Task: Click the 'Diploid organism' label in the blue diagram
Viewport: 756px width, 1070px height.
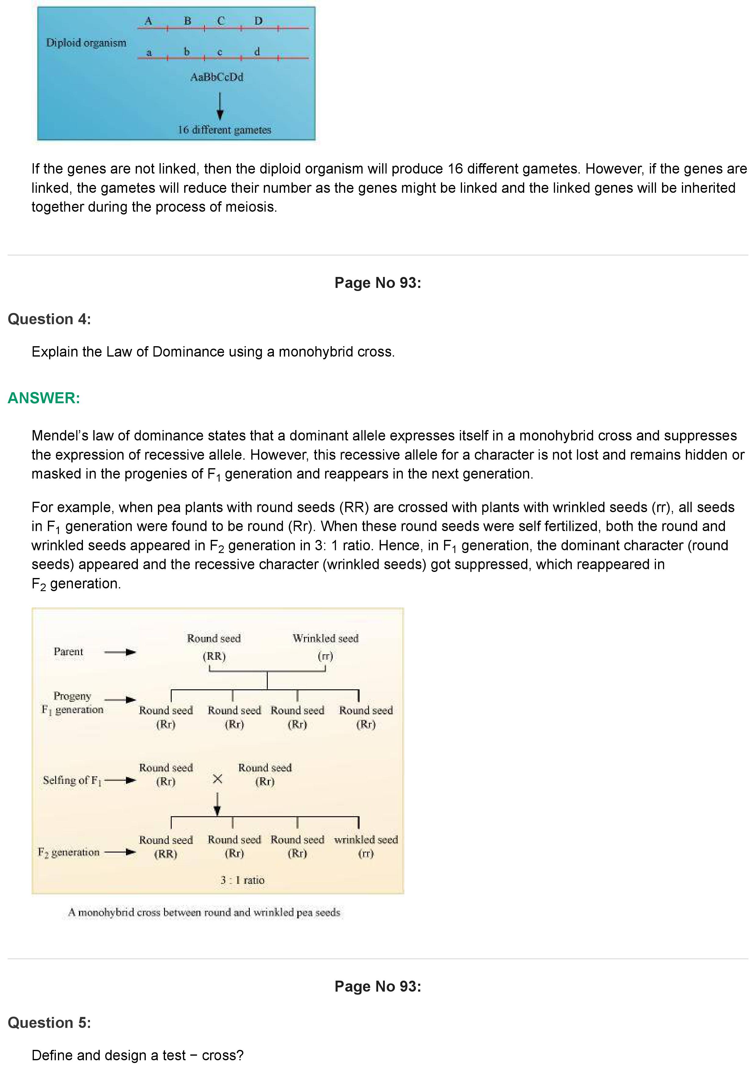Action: pos(86,43)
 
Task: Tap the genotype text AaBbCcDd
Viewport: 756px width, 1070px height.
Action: pos(217,77)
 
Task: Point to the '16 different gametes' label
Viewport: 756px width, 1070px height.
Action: pos(224,130)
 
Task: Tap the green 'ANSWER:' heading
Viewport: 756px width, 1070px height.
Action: pos(44,398)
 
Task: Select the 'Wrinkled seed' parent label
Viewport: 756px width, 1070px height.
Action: pos(326,638)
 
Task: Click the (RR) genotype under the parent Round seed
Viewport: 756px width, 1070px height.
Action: pos(214,656)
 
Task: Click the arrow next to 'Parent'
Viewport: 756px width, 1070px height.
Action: pos(120,652)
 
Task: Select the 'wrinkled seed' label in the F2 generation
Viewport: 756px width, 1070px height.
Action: pos(366,840)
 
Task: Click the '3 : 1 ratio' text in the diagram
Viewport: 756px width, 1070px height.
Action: pos(242,880)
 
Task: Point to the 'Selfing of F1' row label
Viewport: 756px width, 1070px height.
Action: pos(72,780)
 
